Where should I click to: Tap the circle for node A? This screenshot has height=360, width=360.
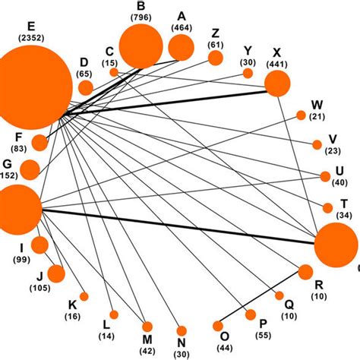(x=182, y=47)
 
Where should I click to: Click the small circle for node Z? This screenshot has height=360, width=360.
(x=216, y=58)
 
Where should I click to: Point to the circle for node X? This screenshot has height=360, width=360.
(x=276, y=84)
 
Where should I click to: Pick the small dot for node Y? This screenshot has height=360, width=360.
(x=248, y=73)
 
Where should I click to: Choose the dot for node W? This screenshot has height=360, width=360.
(x=301, y=115)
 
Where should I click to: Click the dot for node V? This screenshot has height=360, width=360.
(x=317, y=145)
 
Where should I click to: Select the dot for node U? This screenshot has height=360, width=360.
(x=325, y=176)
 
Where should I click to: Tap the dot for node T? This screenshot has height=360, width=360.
(x=327, y=207)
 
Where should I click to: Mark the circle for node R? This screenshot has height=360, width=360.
(x=305, y=272)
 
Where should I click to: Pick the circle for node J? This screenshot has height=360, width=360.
(x=55, y=273)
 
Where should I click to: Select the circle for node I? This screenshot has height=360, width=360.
(x=39, y=245)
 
